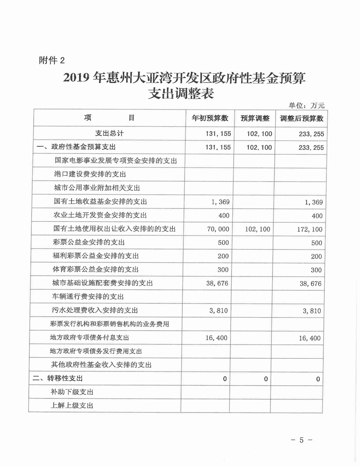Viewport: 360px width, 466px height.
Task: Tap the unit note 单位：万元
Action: coord(307,105)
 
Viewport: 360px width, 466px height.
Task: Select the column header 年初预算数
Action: coord(209,118)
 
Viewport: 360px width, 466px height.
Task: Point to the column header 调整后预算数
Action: coord(302,118)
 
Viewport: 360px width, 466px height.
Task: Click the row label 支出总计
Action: coord(110,133)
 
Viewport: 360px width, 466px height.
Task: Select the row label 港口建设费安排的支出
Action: coord(90,174)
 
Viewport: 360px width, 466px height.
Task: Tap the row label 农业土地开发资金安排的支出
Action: coord(100,216)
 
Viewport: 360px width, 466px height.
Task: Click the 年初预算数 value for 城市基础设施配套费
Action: coord(217,283)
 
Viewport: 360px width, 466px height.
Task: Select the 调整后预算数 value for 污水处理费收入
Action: coord(313,311)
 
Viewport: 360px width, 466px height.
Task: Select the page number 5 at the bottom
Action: coord(302,440)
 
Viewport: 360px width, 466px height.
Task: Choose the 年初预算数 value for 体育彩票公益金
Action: coord(223,269)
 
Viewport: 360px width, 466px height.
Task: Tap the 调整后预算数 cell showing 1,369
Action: coord(313,202)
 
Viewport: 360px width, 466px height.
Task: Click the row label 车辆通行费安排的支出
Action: coord(89,297)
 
